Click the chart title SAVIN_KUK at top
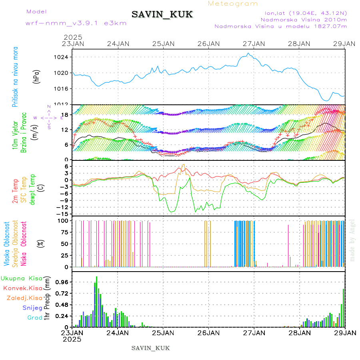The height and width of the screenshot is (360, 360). [162, 15]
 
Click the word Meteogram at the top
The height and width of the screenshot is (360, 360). [233, 4]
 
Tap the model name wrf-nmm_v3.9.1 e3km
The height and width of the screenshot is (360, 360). [76, 23]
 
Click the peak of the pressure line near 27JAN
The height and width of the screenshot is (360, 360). [248, 53]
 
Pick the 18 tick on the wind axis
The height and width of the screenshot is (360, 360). [65, 114]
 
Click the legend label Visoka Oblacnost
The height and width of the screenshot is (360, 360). [7, 244]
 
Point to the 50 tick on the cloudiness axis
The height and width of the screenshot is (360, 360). [64, 244]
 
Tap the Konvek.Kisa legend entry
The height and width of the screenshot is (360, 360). [22, 288]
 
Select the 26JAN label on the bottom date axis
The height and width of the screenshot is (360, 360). [209, 332]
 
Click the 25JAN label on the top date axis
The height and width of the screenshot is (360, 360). [164, 44]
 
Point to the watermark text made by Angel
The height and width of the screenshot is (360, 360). [352, 240]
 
